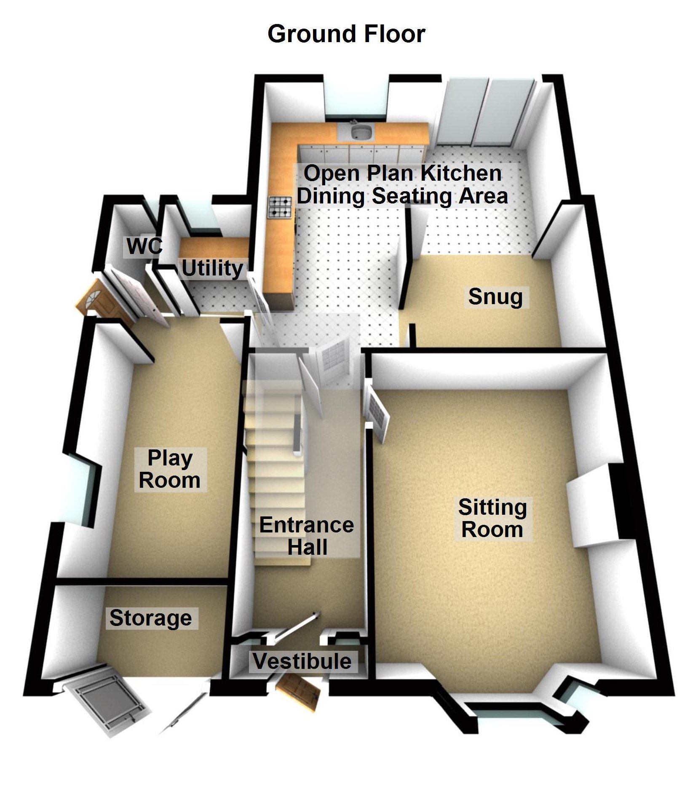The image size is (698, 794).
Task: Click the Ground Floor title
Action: [346, 34]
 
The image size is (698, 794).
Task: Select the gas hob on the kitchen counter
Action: [279, 208]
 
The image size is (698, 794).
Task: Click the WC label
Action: [144, 246]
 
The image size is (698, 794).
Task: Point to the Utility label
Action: [212, 268]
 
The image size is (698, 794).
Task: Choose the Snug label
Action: [495, 297]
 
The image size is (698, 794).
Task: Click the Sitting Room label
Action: [492, 518]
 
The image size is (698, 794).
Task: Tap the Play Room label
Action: [170, 469]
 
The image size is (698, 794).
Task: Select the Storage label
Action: [151, 618]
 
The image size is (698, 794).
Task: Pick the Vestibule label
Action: [302, 661]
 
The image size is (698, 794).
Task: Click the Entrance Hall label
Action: [307, 536]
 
